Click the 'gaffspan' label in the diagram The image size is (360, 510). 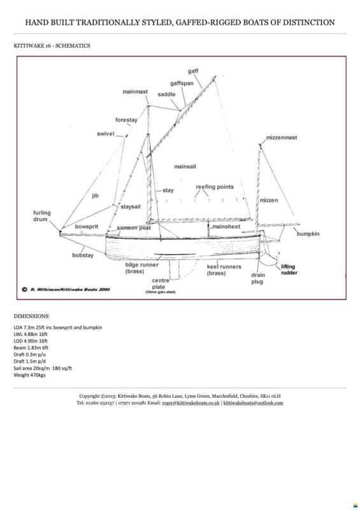click(x=182, y=84)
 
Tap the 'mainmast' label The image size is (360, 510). click(x=135, y=92)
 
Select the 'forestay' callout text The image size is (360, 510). click(x=126, y=120)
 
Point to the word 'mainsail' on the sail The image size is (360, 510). click(x=185, y=166)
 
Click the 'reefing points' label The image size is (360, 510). click(x=215, y=187)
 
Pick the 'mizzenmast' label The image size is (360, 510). click(x=282, y=138)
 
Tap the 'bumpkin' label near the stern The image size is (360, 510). click(x=308, y=234)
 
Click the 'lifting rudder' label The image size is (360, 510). click(x=289, y=270)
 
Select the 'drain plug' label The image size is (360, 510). click(x=257, y=279)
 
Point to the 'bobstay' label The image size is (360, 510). click(x=83, y=256)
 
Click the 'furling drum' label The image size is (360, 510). click(x=41, y=216)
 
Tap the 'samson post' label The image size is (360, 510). click(x=134, y=228)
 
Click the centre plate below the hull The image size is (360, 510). click(x=175, y=270)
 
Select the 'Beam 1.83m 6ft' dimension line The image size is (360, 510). click(x=31, y=347)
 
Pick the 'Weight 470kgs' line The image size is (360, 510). click(x=29, y=375)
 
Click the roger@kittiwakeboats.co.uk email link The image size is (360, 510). click(x=191, y=403)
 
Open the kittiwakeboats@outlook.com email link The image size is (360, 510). click(x=253, y=403)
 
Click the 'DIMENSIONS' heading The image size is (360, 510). click(x=31, y=316)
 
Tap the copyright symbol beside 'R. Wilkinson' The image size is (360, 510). click(x=24, y=289)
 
